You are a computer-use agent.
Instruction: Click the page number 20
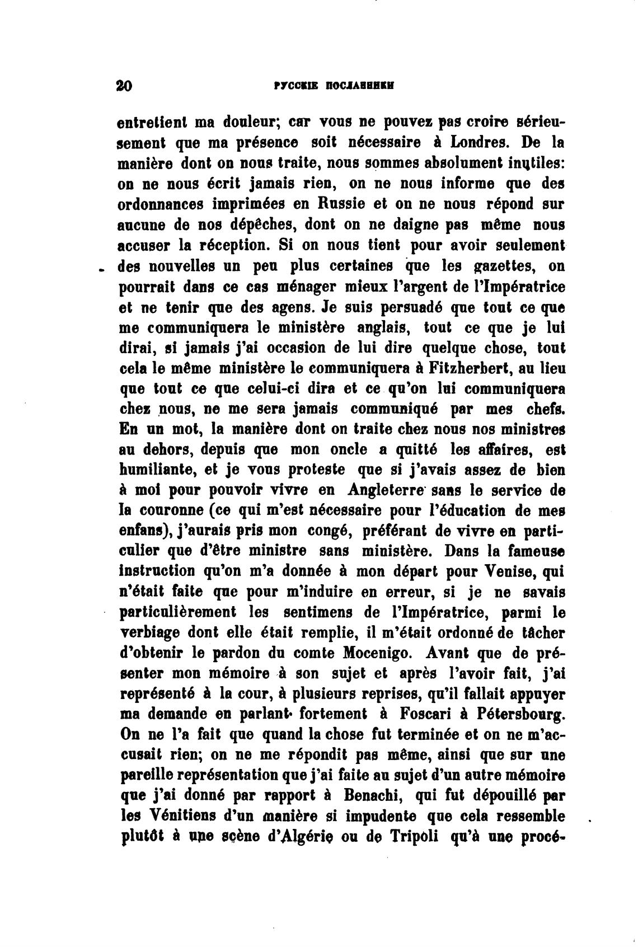(x=123, y=86)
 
